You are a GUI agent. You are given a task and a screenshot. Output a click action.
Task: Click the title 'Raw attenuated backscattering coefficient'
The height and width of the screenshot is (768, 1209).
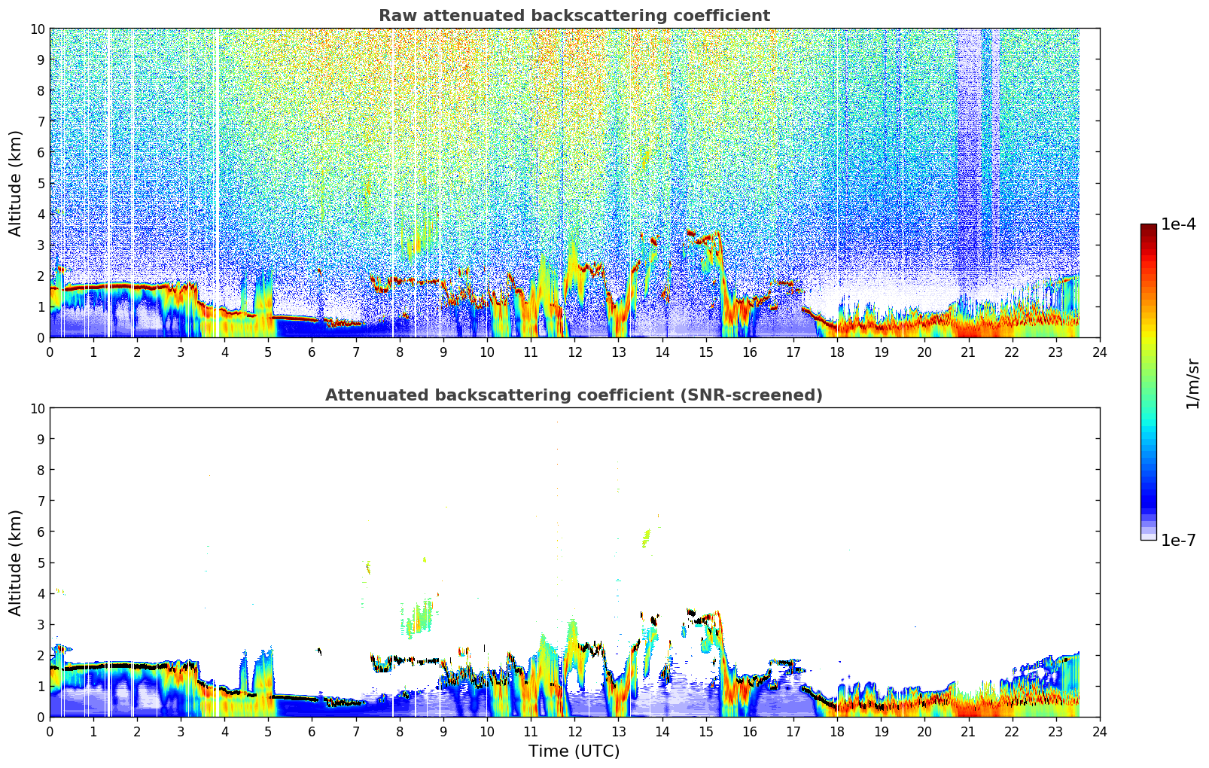coord(574,16)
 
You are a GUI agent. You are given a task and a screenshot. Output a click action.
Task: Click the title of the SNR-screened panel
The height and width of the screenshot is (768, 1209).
coord(574,395)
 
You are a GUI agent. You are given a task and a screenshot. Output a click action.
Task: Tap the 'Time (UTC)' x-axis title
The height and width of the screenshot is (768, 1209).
coord(574,751)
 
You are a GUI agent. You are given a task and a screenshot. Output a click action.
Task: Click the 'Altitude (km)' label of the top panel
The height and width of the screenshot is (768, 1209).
coord(16,183)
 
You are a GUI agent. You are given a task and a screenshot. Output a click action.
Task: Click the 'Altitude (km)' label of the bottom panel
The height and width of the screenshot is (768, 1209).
coord(16,562)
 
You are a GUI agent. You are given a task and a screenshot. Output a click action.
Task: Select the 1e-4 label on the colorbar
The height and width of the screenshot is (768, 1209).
coord(1178,224)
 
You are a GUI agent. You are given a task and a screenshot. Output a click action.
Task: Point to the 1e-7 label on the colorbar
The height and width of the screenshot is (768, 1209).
coord(1178,540)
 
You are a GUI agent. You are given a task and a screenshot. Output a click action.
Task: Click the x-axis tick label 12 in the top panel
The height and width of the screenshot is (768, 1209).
coord(574,352)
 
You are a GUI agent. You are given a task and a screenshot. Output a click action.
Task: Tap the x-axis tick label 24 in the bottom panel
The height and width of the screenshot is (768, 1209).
coord(1099,732)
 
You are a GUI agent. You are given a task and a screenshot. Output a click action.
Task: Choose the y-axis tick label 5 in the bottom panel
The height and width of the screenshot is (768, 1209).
coord(41,562)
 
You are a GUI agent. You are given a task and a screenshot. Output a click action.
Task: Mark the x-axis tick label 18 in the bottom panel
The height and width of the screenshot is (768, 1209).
coord(837,732)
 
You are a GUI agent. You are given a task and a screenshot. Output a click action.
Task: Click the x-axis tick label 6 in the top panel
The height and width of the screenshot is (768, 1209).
coord(312,352)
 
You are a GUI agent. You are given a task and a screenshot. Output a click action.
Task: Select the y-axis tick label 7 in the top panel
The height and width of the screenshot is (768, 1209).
coord(41,121)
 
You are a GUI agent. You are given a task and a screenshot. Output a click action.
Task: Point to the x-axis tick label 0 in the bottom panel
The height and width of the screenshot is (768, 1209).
coord(50,732)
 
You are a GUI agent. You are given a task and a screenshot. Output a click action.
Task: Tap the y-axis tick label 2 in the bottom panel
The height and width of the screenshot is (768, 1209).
coord(41,655)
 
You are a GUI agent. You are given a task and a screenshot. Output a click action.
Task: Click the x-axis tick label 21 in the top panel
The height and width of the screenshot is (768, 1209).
coord(968,352)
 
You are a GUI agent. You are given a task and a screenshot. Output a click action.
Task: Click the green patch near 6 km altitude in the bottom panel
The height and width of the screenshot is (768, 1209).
coord(646,538)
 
